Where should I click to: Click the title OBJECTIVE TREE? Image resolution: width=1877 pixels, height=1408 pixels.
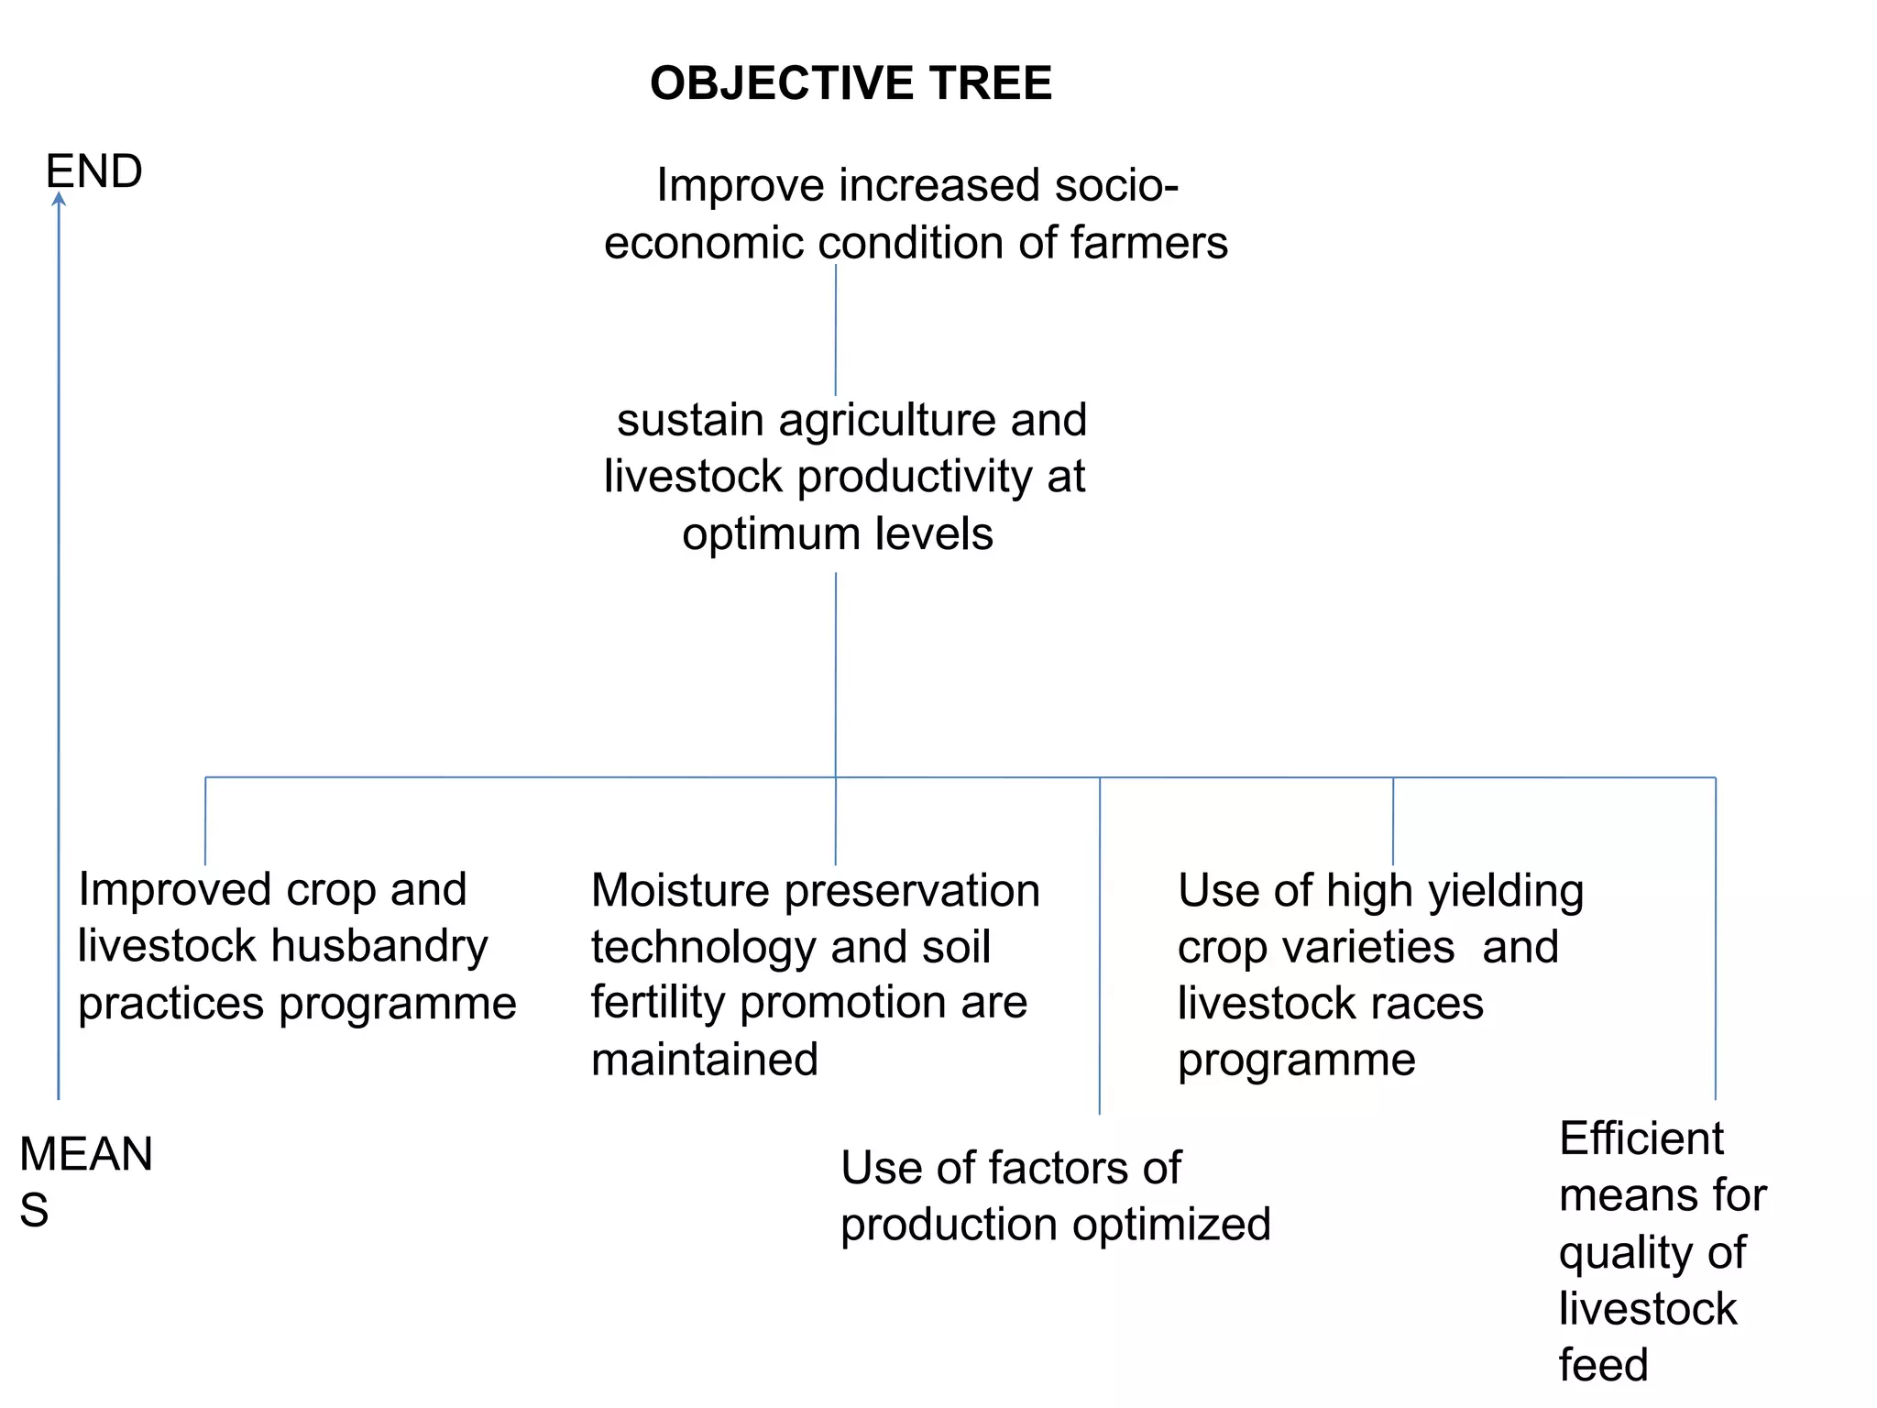851,83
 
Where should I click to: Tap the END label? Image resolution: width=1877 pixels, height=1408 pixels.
93,171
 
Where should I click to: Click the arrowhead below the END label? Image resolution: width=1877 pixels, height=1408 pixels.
59,199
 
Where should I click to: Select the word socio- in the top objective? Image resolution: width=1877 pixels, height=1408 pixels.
1116,185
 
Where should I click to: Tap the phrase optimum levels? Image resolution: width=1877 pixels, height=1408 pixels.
837,533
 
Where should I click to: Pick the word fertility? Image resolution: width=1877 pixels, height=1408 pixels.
659,1003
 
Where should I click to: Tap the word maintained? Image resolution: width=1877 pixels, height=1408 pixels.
704,1060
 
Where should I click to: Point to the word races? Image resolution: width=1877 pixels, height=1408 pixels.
1436,1003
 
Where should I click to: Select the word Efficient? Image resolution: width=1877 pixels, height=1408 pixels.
1641,1139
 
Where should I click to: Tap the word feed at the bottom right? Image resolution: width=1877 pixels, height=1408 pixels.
1603,1365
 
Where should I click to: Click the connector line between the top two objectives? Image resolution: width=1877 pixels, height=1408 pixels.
836,330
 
